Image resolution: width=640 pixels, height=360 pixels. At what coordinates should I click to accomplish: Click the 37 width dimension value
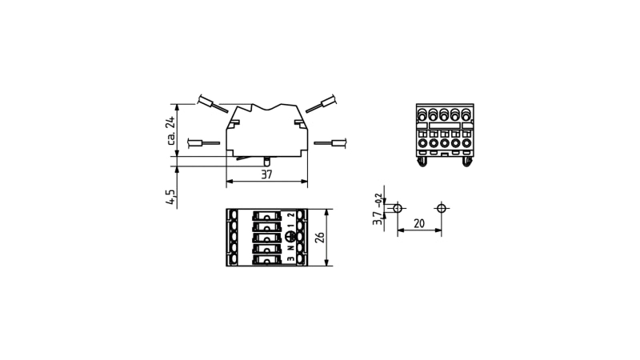pos(266,174)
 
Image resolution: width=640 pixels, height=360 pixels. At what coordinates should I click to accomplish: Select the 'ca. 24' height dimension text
pos(170,130)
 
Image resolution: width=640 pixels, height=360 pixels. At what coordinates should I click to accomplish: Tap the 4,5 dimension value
pos(170,197)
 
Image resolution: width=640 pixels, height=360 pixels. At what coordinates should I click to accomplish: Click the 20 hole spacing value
pos(419,224)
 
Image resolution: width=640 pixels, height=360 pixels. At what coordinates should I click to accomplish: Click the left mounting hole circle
pos(398,209)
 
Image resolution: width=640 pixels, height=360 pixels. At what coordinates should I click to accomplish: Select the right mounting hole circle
pos(442,209)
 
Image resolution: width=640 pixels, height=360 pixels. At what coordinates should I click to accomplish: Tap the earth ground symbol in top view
pos(290,237)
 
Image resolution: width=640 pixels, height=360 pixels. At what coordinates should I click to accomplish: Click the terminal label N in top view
pos(290,247)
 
